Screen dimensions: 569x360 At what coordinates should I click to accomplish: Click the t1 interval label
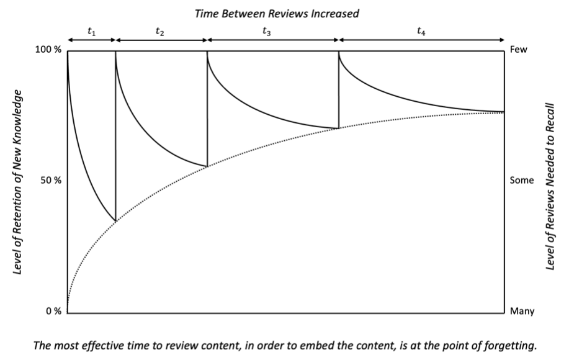(x=91, y=32)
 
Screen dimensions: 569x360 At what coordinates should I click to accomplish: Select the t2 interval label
(x=159, y=32)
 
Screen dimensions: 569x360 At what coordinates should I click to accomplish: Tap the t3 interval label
(x=267, y=32)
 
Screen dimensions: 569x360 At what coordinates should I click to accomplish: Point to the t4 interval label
(x=421, y=32)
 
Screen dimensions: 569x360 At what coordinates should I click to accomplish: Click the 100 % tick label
(x=48, y=50)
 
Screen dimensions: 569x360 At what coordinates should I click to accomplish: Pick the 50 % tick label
(x=51, y=181)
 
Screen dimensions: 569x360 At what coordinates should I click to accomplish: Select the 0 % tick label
(x=54, y=311)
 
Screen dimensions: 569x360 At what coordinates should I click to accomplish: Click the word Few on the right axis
(x=519, y=50)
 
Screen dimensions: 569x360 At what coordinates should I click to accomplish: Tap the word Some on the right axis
(x=522, y=181)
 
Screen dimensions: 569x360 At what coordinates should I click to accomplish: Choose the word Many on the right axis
(x=522, y=311)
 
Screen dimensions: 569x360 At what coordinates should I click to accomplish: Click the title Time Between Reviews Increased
(x=277, y=14)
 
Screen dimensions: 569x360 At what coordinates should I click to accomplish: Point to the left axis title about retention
(x=17, y=182)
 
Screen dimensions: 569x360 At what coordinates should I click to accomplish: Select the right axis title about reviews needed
(x=550, y=187)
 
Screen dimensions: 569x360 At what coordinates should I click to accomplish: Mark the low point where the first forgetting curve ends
(x=116, y=221)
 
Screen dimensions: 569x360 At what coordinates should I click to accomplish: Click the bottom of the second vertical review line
(x=207, y=166)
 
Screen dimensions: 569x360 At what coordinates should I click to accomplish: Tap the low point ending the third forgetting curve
(x=339, y=128)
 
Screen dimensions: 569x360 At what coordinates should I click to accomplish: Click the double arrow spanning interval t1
(x=91, y=40)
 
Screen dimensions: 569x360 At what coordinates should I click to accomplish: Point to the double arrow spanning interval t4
(x=421, y=40)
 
